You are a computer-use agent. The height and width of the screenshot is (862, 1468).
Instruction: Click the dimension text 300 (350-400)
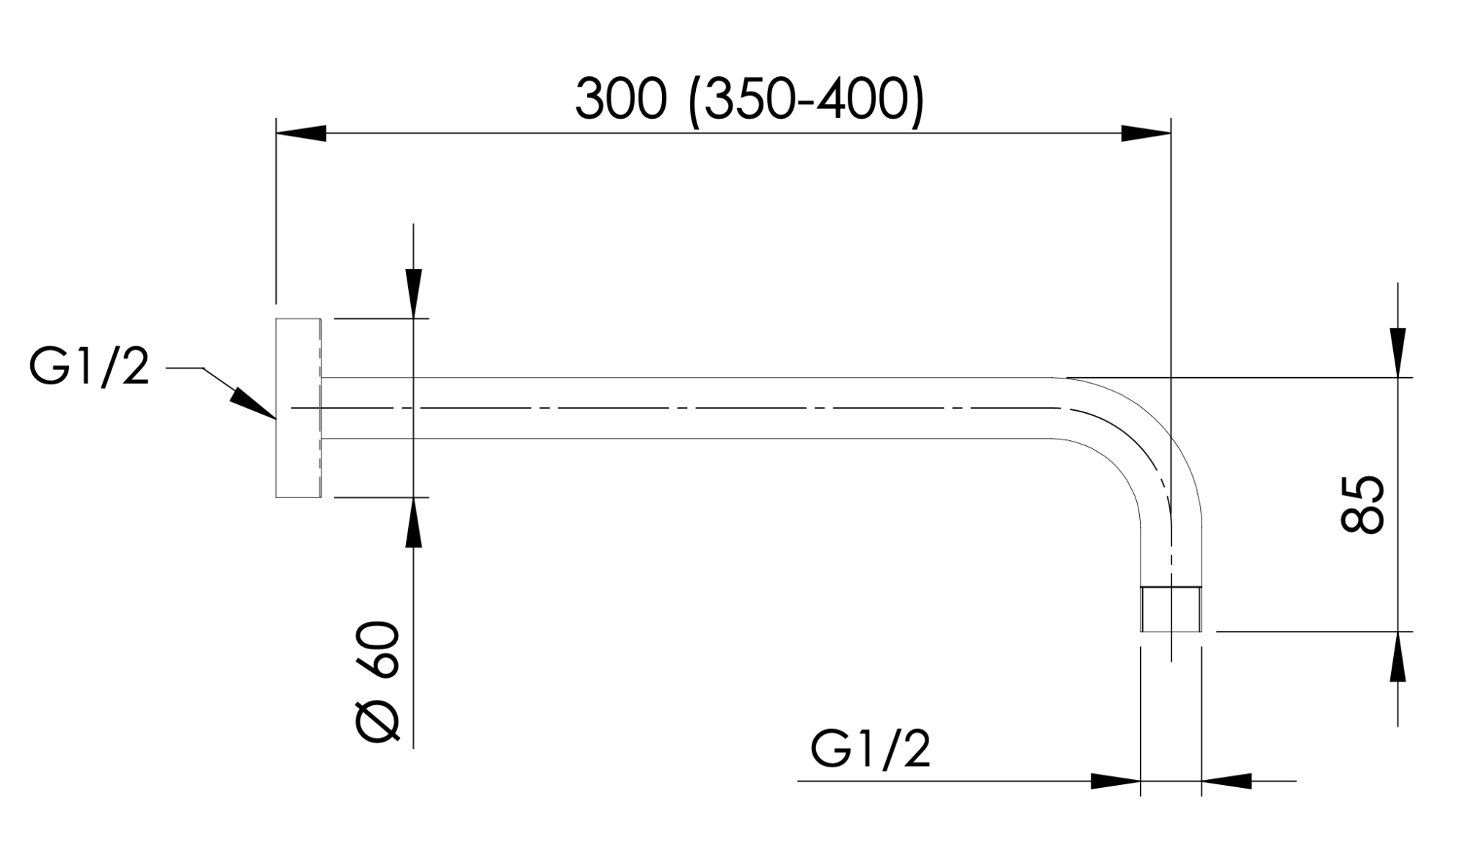pos(749,101)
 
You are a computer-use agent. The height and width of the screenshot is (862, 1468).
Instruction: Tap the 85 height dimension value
pos(1363,504)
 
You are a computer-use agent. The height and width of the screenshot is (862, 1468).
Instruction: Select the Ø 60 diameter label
pos(379,682)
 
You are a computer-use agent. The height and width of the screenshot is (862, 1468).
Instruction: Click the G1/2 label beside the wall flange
pos(90,367)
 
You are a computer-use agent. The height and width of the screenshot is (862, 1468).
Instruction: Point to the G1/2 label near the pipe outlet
pos(871,749)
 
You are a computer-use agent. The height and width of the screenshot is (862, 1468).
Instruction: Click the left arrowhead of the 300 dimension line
pos(301,134)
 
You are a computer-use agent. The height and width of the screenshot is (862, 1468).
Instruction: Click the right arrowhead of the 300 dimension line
pos(1146,134)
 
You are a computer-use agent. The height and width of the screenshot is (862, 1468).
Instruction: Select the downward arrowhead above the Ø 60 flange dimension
pos(414,293)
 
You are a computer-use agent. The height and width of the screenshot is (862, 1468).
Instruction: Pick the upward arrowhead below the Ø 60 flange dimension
pos(414,522)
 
